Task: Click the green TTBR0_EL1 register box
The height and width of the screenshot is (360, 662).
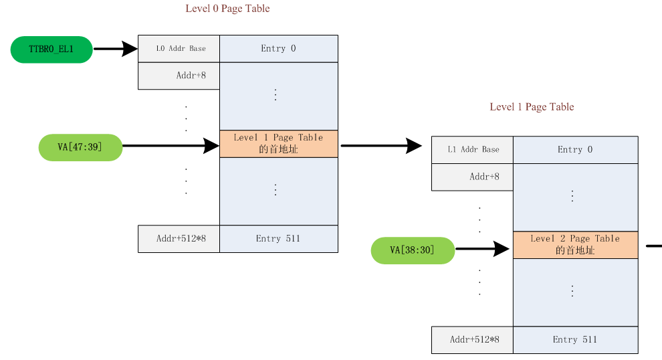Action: point(51,49)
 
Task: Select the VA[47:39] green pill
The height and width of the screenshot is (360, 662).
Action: point(80,147)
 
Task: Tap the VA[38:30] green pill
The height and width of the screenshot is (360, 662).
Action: point(413,250)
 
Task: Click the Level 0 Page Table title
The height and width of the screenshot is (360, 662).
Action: point(227,9)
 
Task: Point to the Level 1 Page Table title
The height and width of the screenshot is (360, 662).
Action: point(532,107)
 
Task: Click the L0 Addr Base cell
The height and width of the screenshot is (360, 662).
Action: point(179,49)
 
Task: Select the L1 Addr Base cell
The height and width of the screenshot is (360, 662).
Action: point(472,150)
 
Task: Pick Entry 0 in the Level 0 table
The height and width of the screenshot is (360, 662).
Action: point(278,49)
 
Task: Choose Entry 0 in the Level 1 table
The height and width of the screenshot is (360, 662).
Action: point(575,150)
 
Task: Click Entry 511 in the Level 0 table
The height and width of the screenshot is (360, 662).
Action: point(278,239)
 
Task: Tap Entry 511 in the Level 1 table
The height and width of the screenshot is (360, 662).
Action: point(575,340)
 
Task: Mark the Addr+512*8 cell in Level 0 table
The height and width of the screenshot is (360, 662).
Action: point(179,239)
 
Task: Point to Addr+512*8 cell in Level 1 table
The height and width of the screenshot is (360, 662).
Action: point(472,340)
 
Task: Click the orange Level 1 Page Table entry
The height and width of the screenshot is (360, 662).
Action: point(278,144)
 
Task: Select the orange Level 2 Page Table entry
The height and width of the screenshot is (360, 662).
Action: point(575,245)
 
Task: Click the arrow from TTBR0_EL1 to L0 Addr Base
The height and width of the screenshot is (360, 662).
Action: point(115,49)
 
